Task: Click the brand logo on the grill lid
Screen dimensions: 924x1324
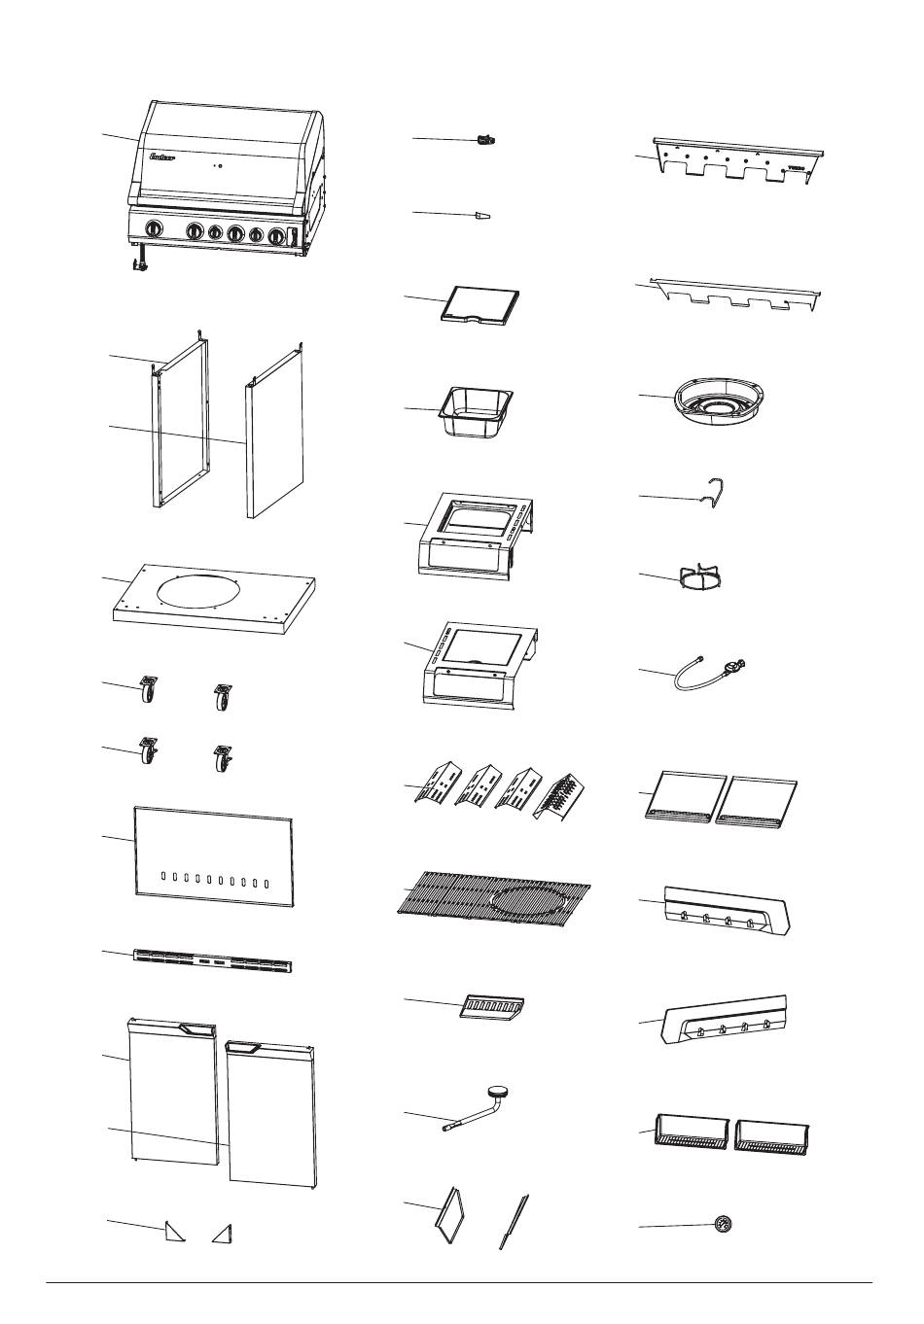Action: pos(161,156)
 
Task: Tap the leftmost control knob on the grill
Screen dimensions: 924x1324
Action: pos(154,229)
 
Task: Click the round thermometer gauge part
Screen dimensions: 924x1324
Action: pos(723,1223)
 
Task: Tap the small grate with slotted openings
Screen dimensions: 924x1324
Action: pos(491,1005)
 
